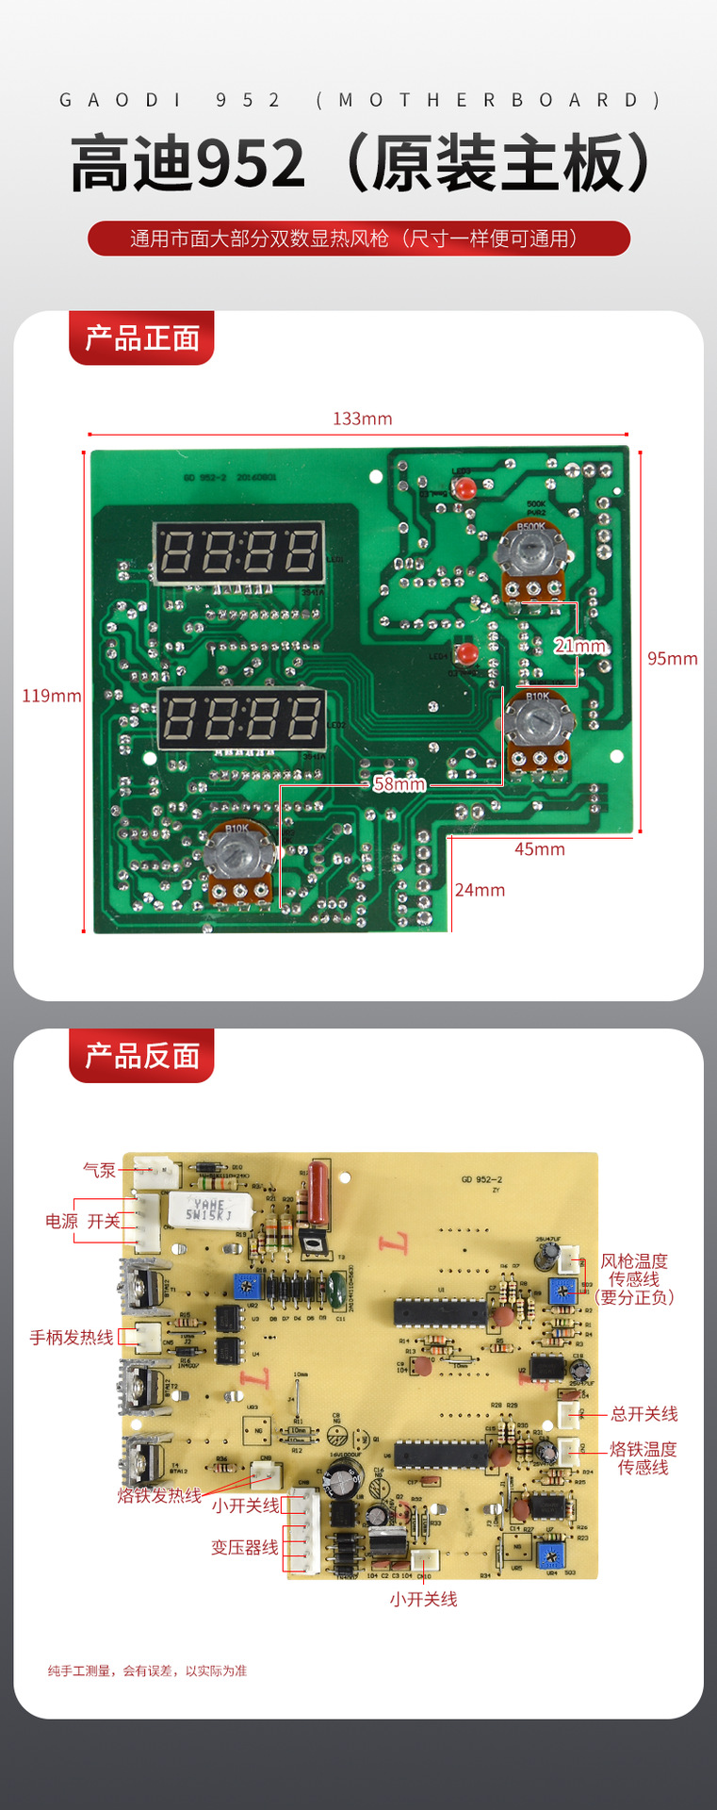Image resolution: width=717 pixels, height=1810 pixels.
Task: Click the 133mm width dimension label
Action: click(362, 419)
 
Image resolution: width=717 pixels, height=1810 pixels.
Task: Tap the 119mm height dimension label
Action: click(52, 696)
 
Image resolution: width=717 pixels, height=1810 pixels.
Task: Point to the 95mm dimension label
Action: click(672, 658)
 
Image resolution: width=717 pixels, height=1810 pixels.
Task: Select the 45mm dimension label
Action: click(539, 848)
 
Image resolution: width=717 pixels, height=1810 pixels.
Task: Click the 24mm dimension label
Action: click(480, 890)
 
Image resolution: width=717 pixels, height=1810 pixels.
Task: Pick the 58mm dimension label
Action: click(399, 783)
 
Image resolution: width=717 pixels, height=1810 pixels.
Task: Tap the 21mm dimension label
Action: click(579, 646)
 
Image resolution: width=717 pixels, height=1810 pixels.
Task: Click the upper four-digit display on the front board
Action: click(238, 551)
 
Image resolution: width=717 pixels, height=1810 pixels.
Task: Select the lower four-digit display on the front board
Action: click(241, 718)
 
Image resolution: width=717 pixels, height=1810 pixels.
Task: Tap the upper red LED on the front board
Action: click(464, 488)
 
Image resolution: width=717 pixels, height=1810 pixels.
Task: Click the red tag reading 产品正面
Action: click(141, 337)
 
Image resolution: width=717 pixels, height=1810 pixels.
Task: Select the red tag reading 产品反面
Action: click(141, 1056)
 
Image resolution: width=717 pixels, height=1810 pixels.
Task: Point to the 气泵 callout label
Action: click(99, 1170)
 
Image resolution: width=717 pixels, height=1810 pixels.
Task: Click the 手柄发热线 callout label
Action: click(71, 1337)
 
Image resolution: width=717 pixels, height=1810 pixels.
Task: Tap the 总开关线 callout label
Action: click(644, 1413)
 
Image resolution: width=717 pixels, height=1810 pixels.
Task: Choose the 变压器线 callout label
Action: click(244, 1547)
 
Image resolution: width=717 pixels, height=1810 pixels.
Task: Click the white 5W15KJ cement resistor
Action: click(208, 1209)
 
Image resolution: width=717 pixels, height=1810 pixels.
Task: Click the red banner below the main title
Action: click(358, 239)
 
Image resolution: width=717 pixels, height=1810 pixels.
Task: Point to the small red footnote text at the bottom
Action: click(147, 1670)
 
